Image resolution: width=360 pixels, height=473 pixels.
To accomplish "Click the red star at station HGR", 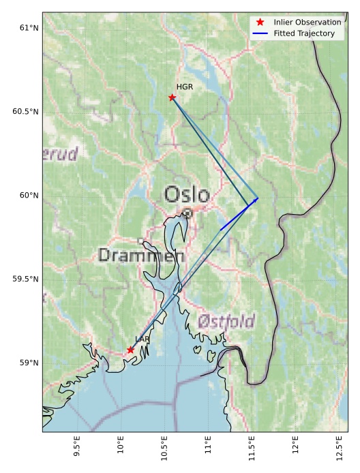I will point(172,97).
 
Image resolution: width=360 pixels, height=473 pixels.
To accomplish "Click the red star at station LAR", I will point(130,350).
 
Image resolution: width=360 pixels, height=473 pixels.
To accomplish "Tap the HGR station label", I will point(185,87).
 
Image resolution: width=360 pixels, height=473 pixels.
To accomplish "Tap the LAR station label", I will point(142,339).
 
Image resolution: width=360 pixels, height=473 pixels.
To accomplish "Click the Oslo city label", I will point(187,195).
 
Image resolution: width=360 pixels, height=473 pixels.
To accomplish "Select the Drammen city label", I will point(141,256).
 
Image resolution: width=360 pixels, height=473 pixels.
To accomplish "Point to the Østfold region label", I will point(226,321).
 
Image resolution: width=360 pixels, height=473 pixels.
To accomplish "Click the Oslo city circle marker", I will point(187,213).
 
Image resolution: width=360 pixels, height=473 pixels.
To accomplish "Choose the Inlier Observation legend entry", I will point(307,22).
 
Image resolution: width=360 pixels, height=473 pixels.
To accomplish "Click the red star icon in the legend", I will point(260,22).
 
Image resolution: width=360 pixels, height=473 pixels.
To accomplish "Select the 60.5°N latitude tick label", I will point(26,112).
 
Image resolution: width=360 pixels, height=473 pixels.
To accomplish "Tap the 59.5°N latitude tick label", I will point(26,279).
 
